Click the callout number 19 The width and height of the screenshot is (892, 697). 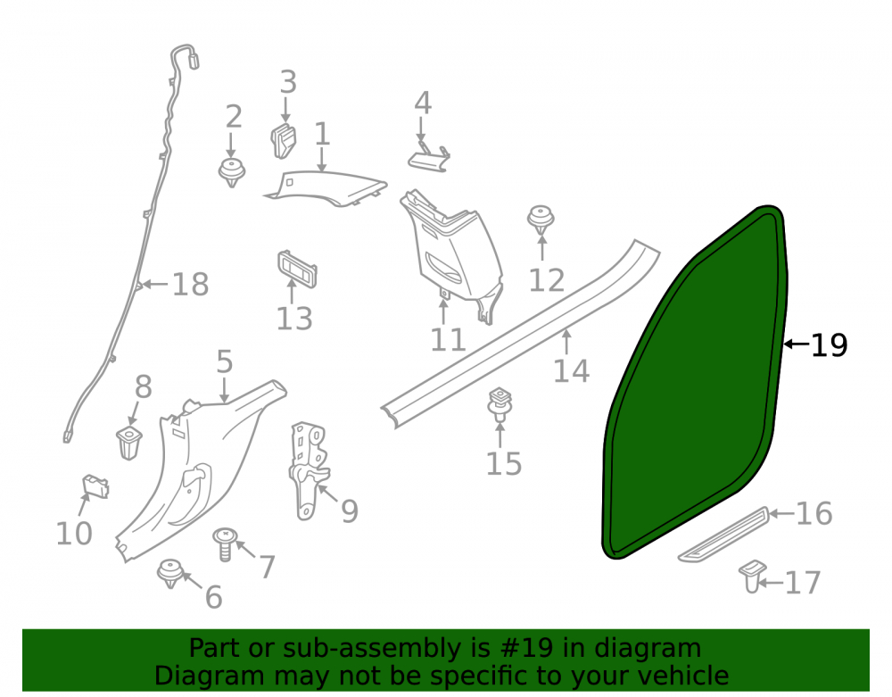pyautogui.click(x=829, y=344)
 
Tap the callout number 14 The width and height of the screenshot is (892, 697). pyautogui.click(x=571, y=370)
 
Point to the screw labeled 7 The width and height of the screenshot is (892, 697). pyautogui.click(x=226, y=543)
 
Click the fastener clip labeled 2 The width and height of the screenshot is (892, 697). pyautogui.click(x=232, y=172)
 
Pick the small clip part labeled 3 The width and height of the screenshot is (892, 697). pyautogui.click(x=284, y=140)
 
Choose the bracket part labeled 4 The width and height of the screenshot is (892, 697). pyautogui.click(x=429, y=158)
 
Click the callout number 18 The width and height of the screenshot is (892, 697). pyautogui.click(x=191, y=284)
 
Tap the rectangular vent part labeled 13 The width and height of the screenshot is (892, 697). pyautogui.click(x=297, y=269)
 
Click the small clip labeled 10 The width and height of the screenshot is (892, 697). pyautogui.click(x=95, y=486)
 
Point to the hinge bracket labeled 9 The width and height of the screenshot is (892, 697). pyautogui.click(x=309, y=470)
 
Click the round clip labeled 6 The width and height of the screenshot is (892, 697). pyautogui.click(x=170, y=574)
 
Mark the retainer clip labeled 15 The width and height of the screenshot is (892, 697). pyautogui.click(x=500, y=404)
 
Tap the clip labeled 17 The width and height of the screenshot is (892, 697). pyautogui.click(x=751, y=576)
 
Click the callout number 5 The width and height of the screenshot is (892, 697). pyautogui.click(x=225, y=361)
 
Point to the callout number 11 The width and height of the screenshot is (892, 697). pyautogui.click(x=449, y=340)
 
